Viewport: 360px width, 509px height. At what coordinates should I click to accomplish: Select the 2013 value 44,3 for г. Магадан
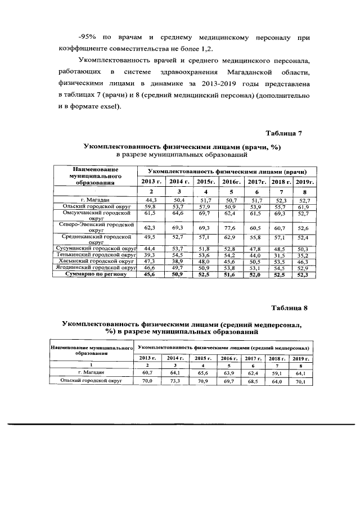[x=151, y=200]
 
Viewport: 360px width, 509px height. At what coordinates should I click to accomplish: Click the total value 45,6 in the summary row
[x=151, y=274]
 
